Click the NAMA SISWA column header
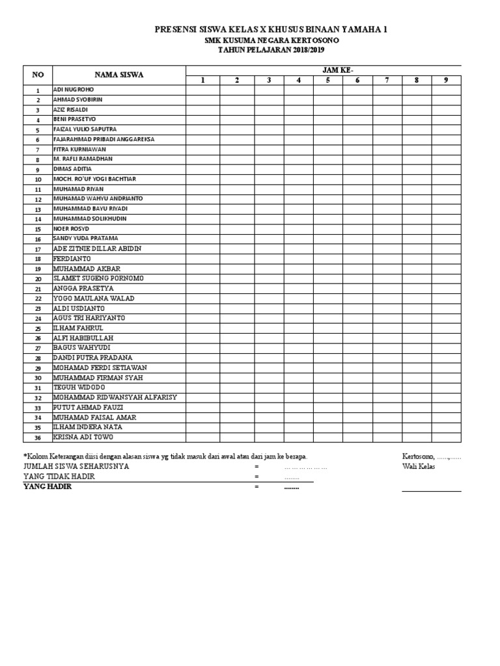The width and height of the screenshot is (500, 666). coord(119,75)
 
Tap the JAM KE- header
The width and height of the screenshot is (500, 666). coord(323,70)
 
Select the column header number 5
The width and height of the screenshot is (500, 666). coord(328,80)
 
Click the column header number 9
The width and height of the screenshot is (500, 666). coord(446,80)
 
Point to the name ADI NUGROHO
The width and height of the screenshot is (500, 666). coord(74,90)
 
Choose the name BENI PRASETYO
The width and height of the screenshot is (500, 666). coord(74,120)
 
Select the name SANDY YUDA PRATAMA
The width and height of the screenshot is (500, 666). coord(85,239)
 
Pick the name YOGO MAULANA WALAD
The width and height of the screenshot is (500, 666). coord(94,299)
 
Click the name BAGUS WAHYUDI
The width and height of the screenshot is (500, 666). coord(81,348)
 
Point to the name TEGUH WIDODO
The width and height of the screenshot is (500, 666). coord(80,388)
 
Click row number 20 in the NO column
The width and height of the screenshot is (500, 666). coord(38,279)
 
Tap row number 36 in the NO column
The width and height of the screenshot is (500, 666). coord(38,438)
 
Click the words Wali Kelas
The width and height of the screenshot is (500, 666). coord(419,466)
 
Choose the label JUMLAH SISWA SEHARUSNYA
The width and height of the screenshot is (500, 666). coord(76,466)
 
